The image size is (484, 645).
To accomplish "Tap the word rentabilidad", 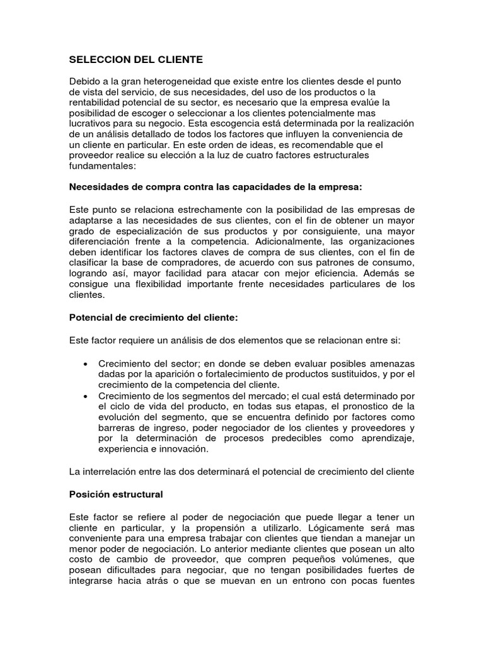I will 98,102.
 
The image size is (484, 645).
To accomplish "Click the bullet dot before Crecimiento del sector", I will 85,365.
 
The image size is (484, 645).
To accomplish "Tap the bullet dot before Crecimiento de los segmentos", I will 85,395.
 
